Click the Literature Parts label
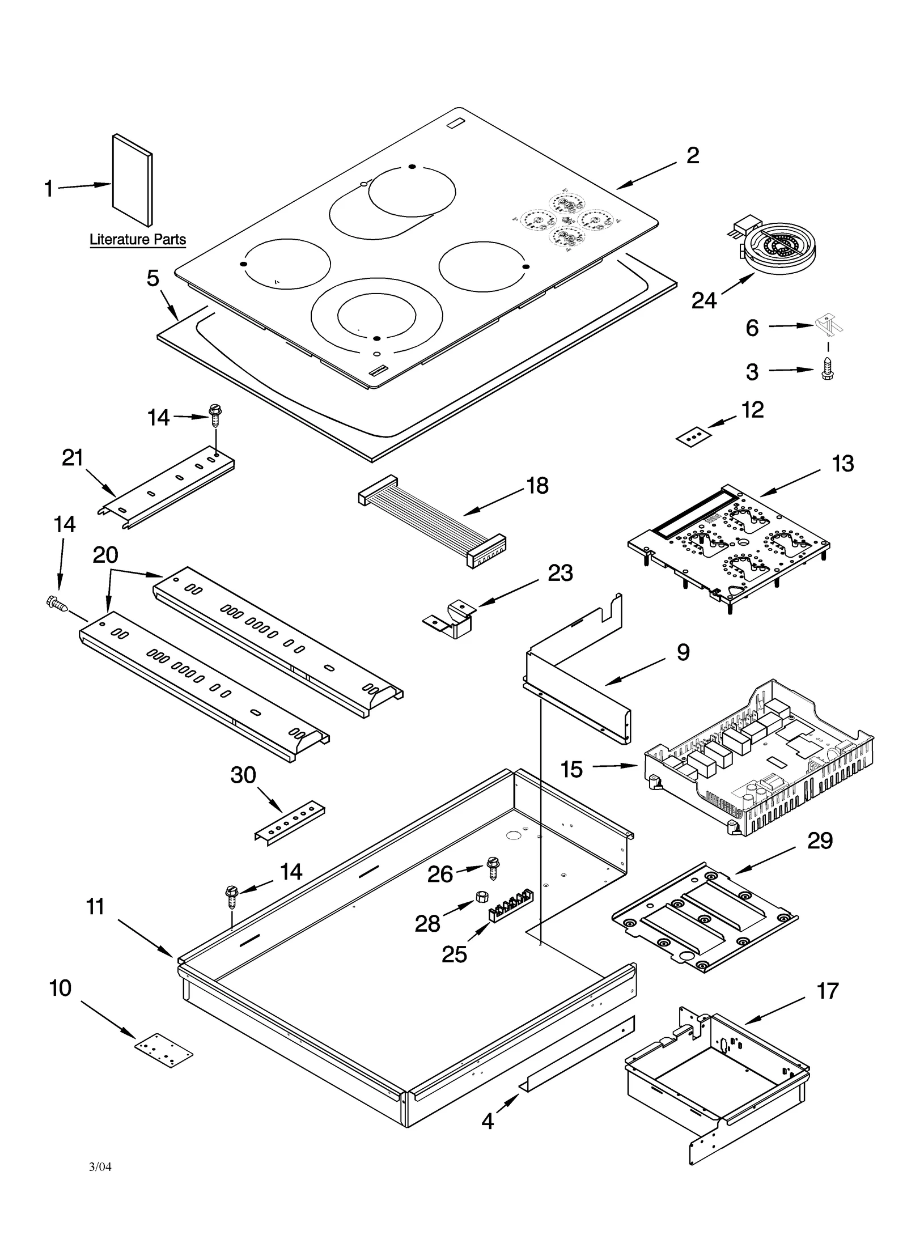point(138,240)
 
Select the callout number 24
point(704,300)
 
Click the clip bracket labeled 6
point(829,325)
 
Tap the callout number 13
point(842,464)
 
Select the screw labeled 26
point(492,869)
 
